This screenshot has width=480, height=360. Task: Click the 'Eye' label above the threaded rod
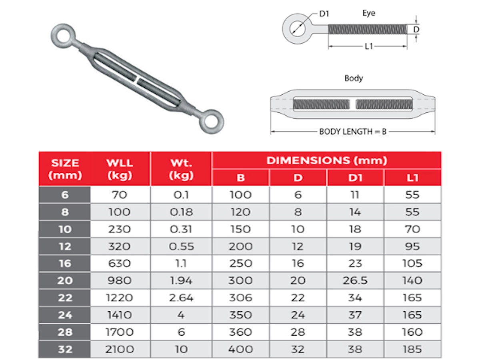click(368, 13)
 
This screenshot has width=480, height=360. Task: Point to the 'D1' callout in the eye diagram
click(323, 14)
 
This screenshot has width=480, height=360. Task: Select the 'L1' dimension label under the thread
click(368, 46)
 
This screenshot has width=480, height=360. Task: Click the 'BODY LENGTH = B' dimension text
click(353, 132)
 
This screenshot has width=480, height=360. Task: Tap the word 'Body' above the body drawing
click(354, 78)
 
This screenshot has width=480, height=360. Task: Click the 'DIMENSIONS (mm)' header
click(326, 160)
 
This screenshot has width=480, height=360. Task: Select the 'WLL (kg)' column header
click(120, 169)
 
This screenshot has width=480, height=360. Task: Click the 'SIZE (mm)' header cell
click(65, 169)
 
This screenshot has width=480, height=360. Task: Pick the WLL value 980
click(120, 281)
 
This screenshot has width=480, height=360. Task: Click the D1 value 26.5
click(355, 281)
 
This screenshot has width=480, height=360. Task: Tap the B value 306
click(240, 298)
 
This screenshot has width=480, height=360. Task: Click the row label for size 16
click(65, 264)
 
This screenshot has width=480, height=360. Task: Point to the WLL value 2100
click(120, 349)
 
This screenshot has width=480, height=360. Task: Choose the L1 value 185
click(412, 349)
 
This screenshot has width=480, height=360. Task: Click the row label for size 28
click(65, 332)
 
